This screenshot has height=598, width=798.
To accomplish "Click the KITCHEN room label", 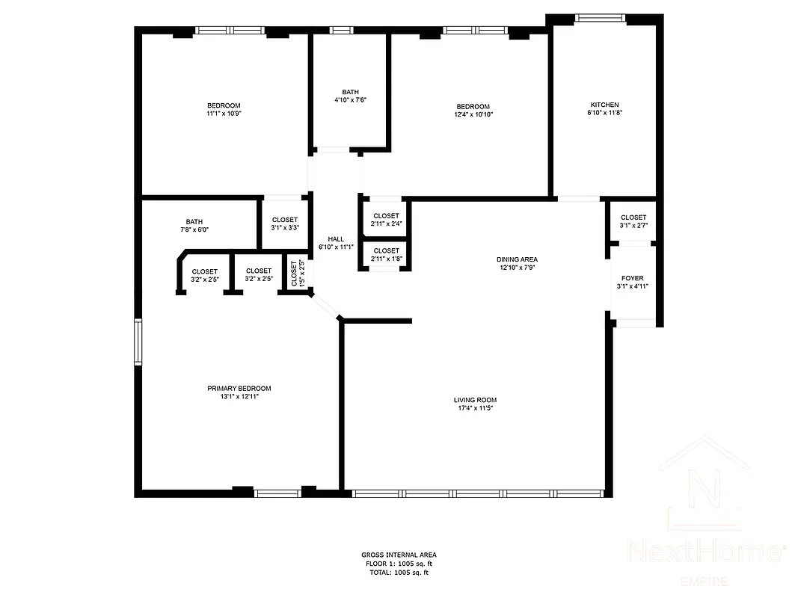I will [604, 105].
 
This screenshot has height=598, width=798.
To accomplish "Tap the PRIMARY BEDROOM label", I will [239, 388].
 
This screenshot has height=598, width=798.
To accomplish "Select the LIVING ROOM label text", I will [475, 400].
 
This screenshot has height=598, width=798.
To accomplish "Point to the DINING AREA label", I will [518, 259].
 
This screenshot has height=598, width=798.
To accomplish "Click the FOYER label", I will [632, 278].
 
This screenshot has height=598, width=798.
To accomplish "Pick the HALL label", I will [336, 239].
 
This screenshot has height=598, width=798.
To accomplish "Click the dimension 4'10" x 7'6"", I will [350, 99].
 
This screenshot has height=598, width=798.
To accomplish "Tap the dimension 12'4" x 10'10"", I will [473, 114].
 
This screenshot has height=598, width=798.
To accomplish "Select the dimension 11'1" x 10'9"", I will [224, 113].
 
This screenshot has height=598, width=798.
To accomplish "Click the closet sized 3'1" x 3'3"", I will [284, 224].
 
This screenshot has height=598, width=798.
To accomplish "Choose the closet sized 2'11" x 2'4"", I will [386, 219].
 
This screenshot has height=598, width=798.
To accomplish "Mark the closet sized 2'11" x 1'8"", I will [386, 255].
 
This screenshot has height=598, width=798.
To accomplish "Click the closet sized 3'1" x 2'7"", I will [633, 221].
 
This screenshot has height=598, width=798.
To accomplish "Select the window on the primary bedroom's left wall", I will [138, 342].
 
